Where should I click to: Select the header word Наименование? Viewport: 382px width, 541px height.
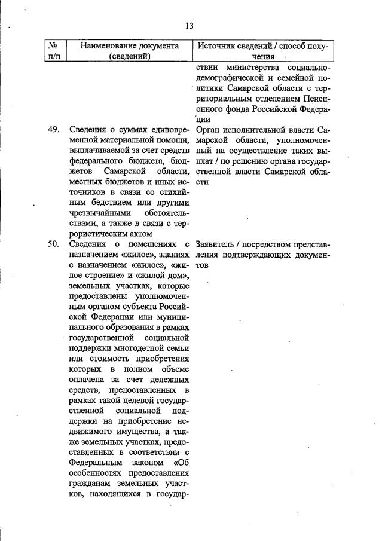pos(112,45)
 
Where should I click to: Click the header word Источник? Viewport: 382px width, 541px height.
pos(218,45)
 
